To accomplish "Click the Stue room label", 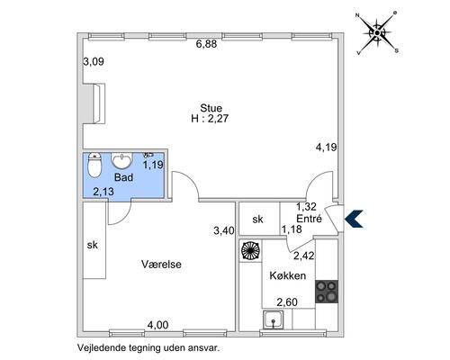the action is click(211, 108).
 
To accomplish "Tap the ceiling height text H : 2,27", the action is click(210, 118).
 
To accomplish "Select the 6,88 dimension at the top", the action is click(206, 44).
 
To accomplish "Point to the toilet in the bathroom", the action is click(94, 165).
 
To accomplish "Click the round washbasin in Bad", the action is click(121, 160).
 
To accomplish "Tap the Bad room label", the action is click(123, 177).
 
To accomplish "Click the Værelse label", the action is click(161, 265).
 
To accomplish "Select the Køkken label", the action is click(288, 275).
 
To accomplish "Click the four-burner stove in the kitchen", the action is click(327, 292).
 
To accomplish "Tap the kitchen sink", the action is click(273, 319).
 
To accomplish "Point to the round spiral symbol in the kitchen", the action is click(250, 250).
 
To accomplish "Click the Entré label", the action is click(309, 219).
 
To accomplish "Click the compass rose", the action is click(377, 32).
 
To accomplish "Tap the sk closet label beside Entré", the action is click(257, 220).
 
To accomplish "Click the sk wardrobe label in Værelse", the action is click(93, 245).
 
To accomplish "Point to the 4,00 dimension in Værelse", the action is click(157, 325).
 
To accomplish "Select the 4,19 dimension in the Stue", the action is click(326, 148).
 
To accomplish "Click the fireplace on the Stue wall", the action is click(94, 103).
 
